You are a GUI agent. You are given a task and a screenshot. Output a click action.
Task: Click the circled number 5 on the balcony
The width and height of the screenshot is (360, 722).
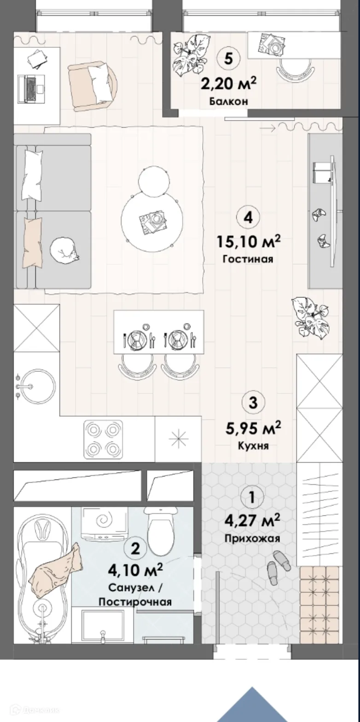point(228,59)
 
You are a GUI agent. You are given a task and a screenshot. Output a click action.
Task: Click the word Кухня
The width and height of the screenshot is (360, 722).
point(253,446)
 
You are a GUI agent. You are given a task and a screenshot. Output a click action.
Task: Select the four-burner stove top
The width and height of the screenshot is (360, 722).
point(103,439)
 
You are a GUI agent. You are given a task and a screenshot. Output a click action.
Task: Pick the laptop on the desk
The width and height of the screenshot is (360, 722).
point(31,89)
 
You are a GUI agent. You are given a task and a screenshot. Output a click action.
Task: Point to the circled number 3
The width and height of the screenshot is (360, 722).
point(253,402)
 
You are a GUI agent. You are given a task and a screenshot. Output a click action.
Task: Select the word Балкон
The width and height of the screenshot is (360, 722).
point(228,101)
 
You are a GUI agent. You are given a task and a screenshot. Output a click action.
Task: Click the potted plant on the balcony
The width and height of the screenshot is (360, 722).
point(189,55)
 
